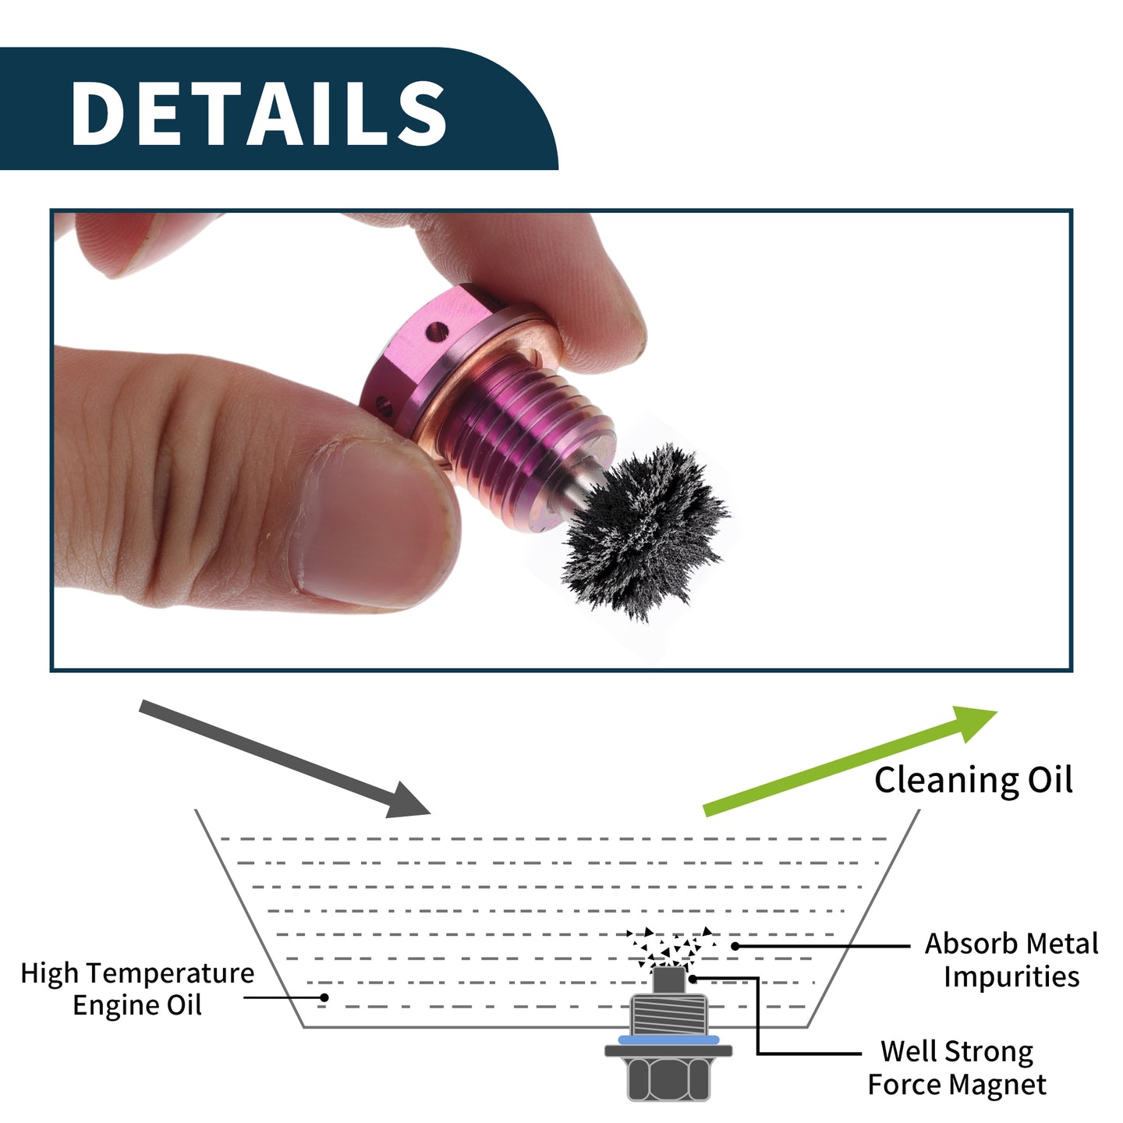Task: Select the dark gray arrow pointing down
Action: point(285,759)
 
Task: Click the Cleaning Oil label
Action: point(973,781)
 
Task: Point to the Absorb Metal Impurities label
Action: point(1011,960)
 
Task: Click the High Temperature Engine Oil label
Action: point(137,989)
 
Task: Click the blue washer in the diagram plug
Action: point(668,1040)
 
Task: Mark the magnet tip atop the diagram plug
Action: point(668,980)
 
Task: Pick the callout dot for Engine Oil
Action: point(324,997)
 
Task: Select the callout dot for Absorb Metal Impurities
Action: point(735,946)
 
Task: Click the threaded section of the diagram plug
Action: point(668,1014)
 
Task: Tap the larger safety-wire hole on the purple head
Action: point(437,333)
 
